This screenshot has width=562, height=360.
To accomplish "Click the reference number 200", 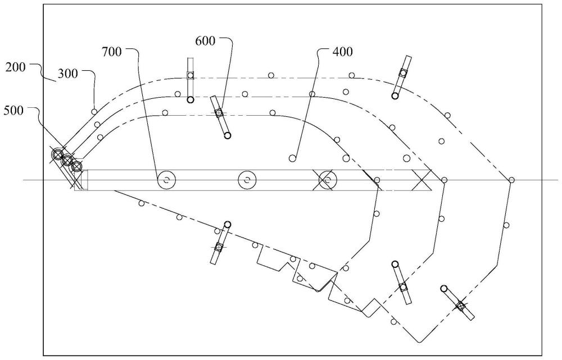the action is pyautogui.click(x=15, y=67).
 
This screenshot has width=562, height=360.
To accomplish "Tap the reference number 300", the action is pyautogui.click(x=68, y=74).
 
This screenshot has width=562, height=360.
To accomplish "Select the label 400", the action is pyautogui.click(x=343, y=52).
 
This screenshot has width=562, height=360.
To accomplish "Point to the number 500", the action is pyautogui.click(x=13, y=111).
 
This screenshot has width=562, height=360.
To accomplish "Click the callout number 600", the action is pyautogui.click(x=205, y=41).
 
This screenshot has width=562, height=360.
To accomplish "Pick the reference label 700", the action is pyautogui.click(x=112, y=52).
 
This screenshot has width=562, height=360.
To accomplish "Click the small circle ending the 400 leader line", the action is pyautogui.click(x=292, y=158).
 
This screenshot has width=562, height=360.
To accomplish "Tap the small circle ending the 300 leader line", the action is pyautogui.click(x=94, y=112).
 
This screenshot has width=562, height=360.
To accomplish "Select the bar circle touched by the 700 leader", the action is pyautogui.click(x=166, y=180).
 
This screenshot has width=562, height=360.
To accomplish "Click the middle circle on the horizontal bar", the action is pyautogui.click(x=247, y=180).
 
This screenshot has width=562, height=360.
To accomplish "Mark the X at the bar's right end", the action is pyautogui.click(x=421, y=180).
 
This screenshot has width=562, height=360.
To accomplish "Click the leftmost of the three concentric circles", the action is pyautogui.click(x=57, y=155).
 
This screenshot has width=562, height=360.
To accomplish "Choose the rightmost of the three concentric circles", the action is pyautogui.click(x=76, y=167).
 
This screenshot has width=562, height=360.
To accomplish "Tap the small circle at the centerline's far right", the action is pyautogui.click(x=511, y=180).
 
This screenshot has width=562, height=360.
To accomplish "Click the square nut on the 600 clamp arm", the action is pyautogui.click(x=219, y=113).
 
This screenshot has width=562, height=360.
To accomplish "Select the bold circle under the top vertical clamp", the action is pyautogui.click(x=191, y=99).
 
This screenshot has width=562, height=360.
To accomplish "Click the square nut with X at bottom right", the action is pyautogui.click(x=461, y=306).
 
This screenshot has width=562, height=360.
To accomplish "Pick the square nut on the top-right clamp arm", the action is pyautogui.click(x=403, y=72).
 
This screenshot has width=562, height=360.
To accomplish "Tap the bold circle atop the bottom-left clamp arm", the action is pyautogui.click(x=228, y=225).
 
